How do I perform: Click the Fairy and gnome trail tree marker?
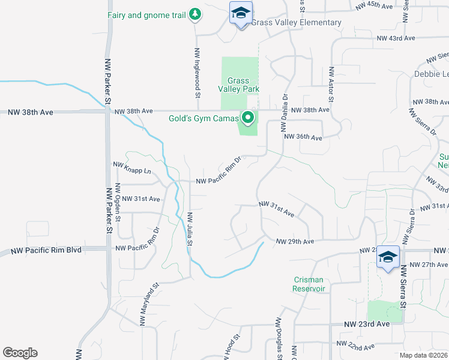(194, 14)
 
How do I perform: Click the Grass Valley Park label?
(238, 85)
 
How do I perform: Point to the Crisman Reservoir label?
(309, 284)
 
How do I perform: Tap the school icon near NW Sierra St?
(388, 258)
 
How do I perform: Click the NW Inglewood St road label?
(197, 74)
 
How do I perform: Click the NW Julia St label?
(189, 229)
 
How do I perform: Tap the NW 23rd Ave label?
(367, 324)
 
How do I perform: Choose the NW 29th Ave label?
(295, 242)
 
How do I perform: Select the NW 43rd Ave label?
(396, 38)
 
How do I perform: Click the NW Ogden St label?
(118, 208)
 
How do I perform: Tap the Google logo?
(20, 353)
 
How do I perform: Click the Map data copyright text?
(423, 355)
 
